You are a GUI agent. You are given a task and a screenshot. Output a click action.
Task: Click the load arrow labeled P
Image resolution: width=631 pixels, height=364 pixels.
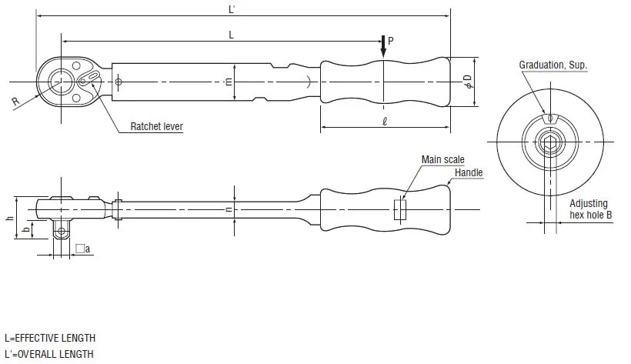[x=383, y=47]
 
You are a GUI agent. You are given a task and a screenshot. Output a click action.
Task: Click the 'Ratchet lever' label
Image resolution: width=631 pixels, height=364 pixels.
[x=156, y=126]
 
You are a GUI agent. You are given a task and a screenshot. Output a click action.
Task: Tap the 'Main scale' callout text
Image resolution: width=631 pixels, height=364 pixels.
[x=442, y=159]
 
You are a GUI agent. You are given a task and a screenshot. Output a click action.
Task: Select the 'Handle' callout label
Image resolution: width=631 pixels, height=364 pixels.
[x=469, y=172]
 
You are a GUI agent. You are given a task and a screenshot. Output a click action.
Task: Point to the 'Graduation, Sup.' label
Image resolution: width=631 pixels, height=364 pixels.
[x=553, y=65]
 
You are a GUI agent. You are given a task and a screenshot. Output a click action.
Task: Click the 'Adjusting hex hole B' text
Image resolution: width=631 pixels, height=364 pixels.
[x=590, y=209]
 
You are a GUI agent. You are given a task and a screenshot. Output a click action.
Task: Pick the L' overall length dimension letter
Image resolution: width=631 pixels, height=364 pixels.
[x=232, y=9]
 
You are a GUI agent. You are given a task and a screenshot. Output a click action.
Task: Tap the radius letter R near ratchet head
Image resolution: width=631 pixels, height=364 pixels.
[x=15, y=101]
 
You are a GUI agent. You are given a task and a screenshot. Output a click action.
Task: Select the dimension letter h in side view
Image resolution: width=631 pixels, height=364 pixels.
[x=10, y=218]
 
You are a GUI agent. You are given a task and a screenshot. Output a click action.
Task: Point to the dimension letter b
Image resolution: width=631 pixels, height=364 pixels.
[x=25, y=230]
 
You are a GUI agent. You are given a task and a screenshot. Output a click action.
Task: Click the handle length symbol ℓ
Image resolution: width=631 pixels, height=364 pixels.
[x=385, y=121]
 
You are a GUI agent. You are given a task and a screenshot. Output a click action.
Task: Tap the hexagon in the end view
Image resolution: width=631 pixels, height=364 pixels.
[x=550, y=142]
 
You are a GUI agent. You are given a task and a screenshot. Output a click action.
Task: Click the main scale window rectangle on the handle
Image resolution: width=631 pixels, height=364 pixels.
[x=400, y=210]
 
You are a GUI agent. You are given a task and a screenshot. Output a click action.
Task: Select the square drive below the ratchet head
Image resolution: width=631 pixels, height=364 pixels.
[x=61, y=229]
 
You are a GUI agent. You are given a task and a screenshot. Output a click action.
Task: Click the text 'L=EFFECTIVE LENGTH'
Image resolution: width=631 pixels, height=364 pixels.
[x=50, y=338]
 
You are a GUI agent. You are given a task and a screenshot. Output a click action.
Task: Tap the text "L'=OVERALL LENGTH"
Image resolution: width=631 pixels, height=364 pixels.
[x=49, y=354]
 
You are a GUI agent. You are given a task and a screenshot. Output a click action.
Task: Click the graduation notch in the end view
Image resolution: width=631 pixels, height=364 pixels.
[x=549, y=119]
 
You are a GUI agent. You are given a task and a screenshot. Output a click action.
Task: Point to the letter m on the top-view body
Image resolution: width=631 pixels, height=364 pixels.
[x=229, y=82]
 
